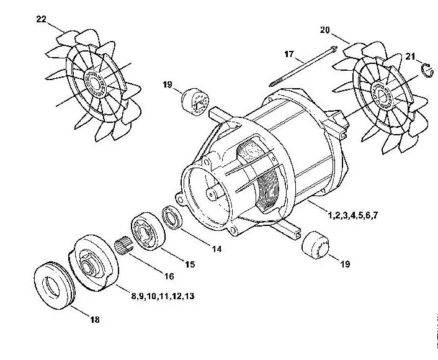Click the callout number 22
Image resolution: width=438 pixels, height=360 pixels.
click(42, 19)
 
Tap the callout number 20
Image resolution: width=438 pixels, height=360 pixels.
click(325, 30)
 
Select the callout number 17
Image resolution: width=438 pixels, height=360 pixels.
click(289, 54)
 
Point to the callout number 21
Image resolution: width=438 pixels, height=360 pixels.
click(410, 56)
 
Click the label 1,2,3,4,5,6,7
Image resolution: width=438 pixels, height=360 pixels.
click(353, 215)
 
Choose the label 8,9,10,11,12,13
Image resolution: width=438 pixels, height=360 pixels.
click(163, 296)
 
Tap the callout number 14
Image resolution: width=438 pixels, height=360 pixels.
click(217, 249)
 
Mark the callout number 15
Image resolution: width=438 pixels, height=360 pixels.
click(190, 264)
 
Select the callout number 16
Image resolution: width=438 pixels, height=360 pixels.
click(169, 276)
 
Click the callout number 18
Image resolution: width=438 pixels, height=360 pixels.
click(95, 320)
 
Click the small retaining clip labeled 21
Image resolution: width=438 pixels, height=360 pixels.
click(427, 70)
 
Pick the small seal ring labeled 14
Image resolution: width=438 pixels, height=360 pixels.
click(172, 217)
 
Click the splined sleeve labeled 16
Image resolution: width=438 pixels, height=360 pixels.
click(123, 245)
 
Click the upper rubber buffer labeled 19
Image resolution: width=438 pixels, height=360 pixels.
click(195, 101)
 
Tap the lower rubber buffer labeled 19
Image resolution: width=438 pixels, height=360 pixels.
click(315, 245)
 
